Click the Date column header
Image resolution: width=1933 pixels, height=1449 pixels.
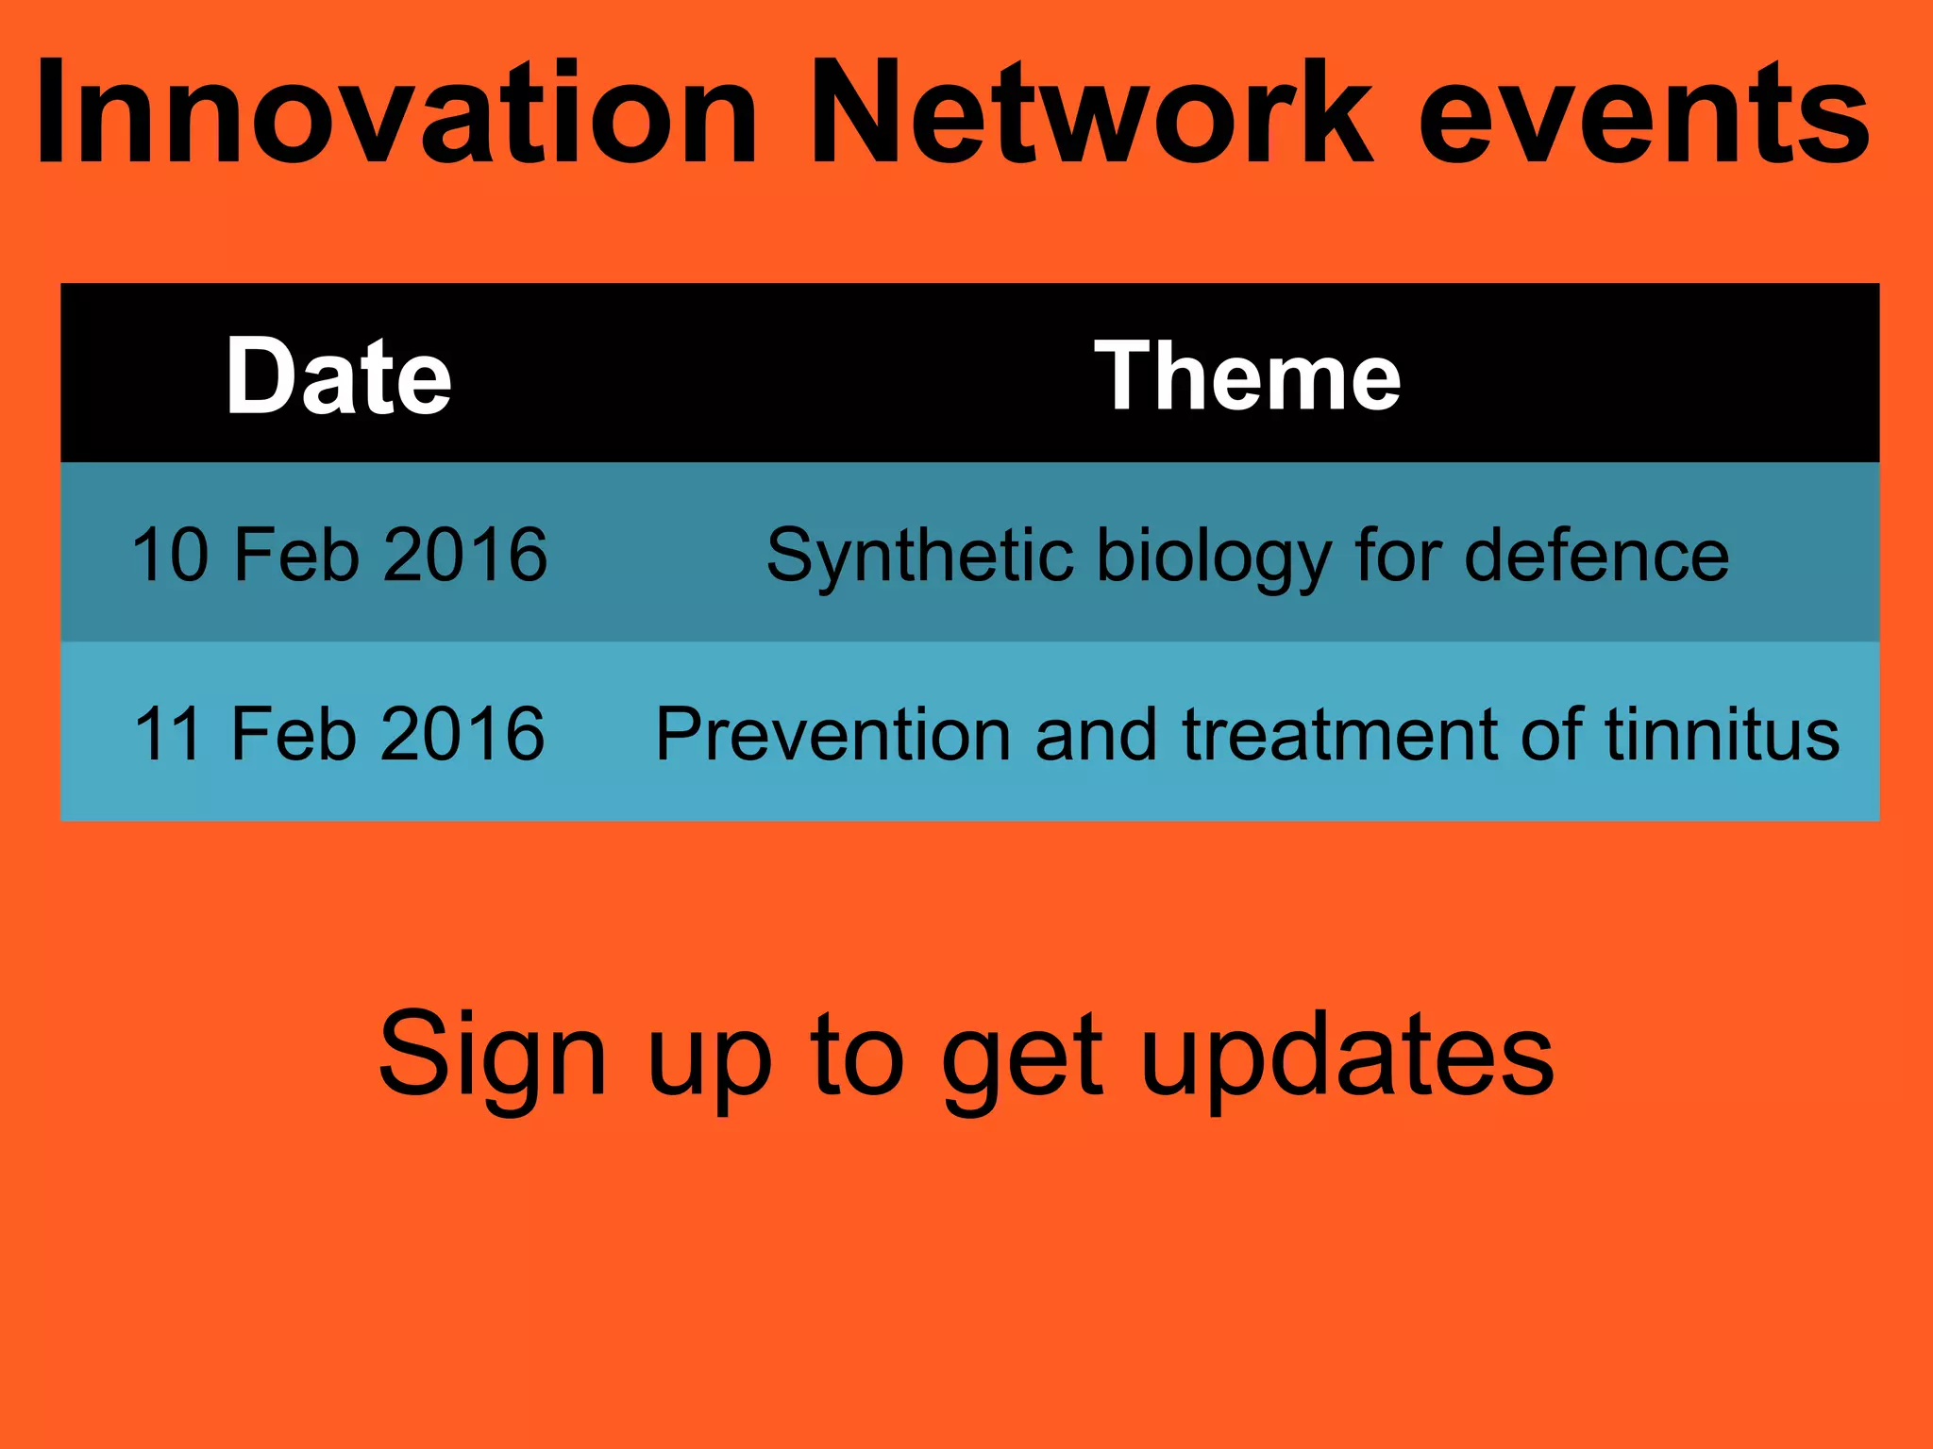339,375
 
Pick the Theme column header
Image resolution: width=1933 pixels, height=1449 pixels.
1248,375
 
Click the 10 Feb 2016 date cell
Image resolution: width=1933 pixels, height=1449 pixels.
339,555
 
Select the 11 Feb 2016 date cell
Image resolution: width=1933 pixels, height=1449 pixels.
339,734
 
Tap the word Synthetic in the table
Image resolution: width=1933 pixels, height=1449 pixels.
919,557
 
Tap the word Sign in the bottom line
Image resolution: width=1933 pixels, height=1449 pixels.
491,1055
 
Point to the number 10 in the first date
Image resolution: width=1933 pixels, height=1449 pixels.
170,555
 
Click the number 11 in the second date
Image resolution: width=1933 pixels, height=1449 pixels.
168,734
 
